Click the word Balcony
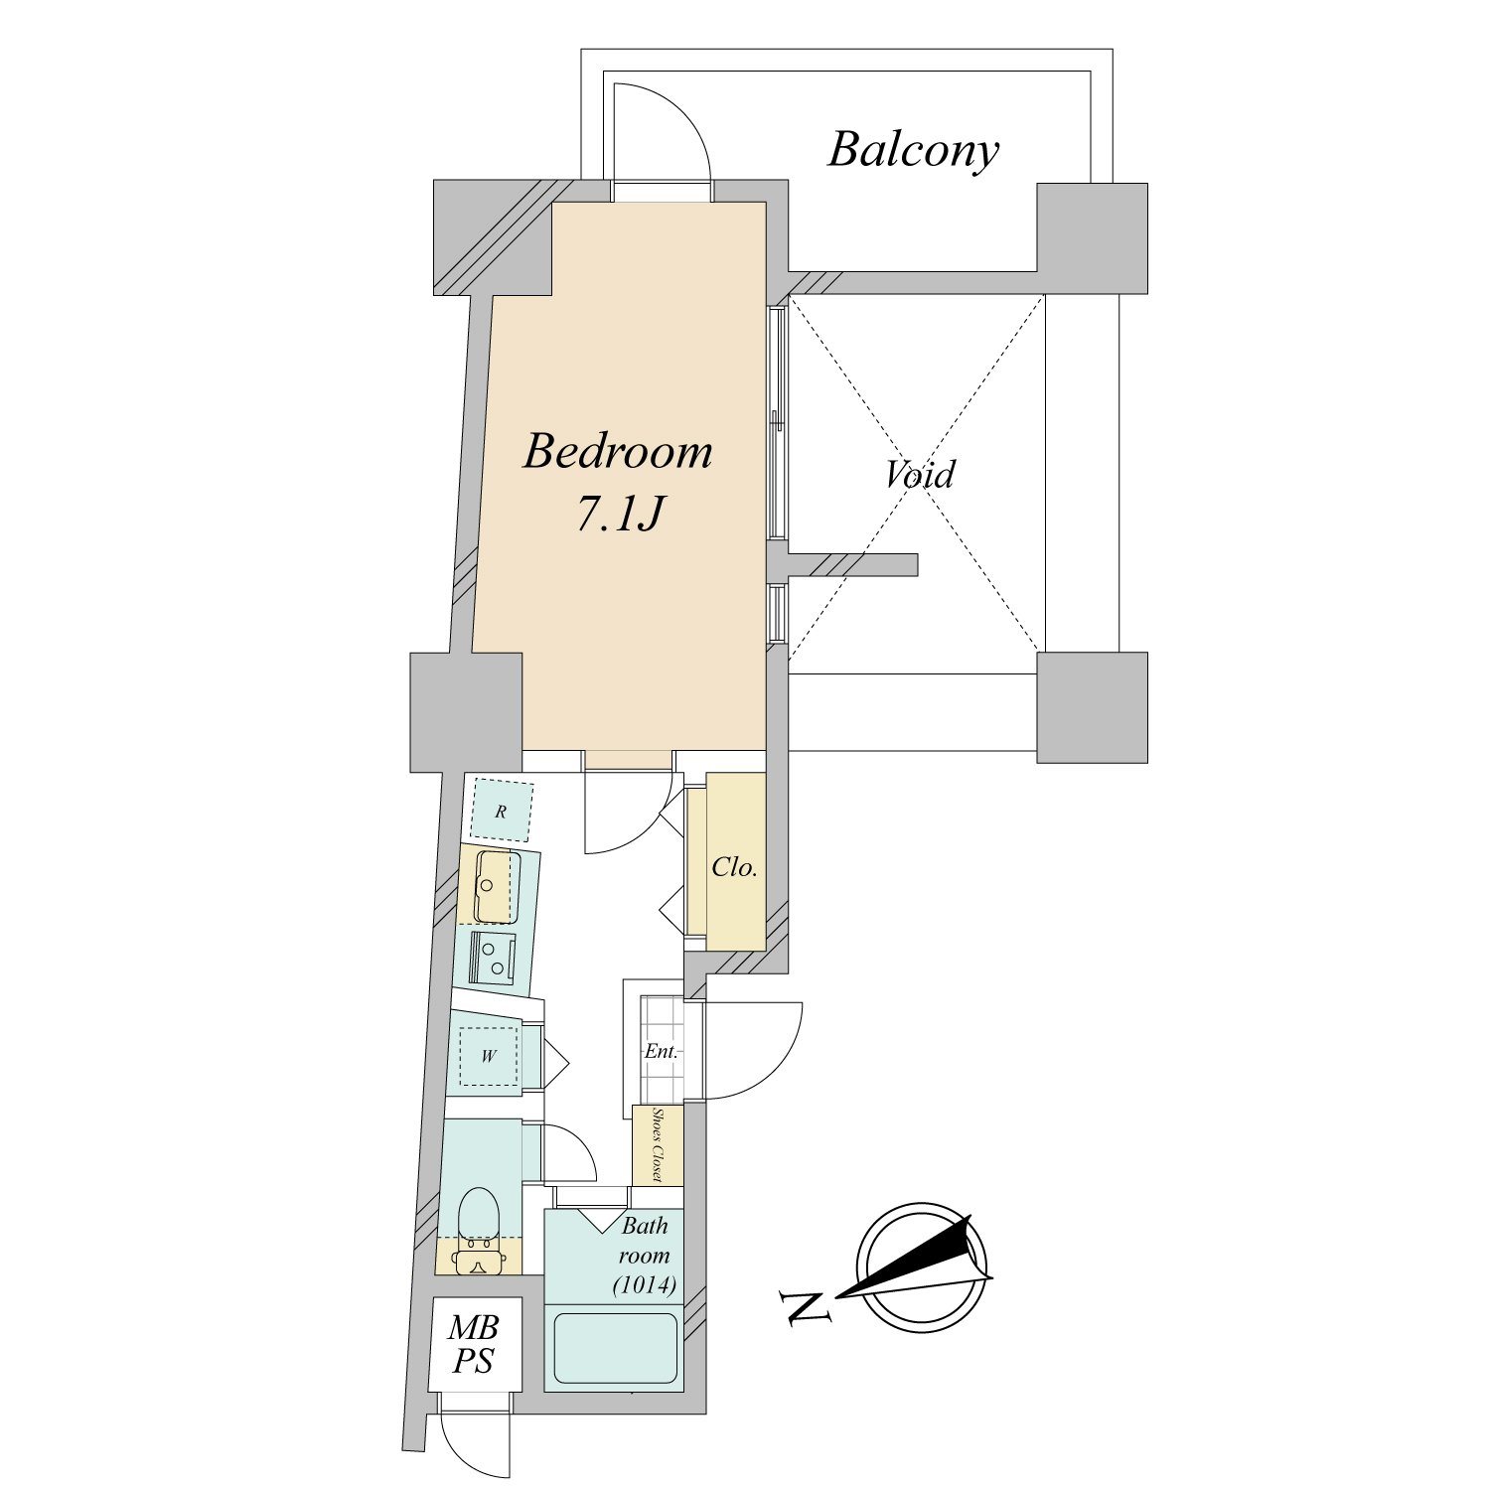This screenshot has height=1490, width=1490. point(913,151)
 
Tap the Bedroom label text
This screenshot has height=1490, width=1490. point(618,452)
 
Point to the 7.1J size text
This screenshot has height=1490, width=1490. point(619,514)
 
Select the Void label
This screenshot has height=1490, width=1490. point(920,474)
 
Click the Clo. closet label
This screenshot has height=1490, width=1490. point(734,867)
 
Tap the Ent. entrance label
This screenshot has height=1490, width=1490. point(662,1050)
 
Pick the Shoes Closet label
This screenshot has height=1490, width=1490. point(658,1145)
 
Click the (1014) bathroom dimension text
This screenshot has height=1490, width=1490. point(645,1284)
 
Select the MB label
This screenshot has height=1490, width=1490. point(473,1327)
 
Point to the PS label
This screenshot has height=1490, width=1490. point(473,1361)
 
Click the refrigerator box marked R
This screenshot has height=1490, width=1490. point(501,811)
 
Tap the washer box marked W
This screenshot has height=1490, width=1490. point(488,1055)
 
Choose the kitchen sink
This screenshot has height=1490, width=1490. point(497,886)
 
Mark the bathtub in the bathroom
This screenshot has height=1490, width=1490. point(615,1348)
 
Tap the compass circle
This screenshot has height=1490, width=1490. point(921,1267)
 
